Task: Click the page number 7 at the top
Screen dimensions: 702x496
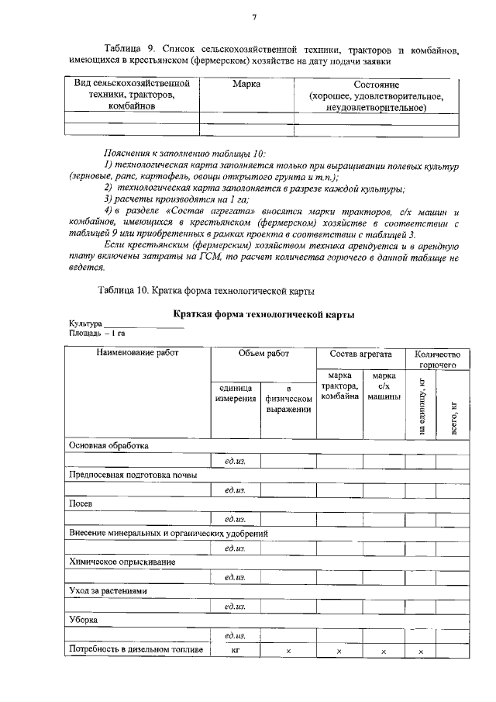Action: (x=254, y=17)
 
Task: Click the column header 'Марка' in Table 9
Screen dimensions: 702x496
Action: (x=246, y=83)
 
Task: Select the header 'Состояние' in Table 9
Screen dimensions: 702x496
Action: (x=376, y=83)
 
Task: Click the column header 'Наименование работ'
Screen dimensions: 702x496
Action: (x=137, y=353)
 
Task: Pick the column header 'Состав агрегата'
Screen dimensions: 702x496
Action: (x=360, y=353)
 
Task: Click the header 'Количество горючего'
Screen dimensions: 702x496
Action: (x=439, y=358)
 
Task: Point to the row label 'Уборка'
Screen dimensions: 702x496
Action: (x=84, y=621)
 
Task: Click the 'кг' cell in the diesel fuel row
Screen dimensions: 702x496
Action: (x=236, y=650)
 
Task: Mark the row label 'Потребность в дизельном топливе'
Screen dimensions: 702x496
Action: (x=136, y=650)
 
